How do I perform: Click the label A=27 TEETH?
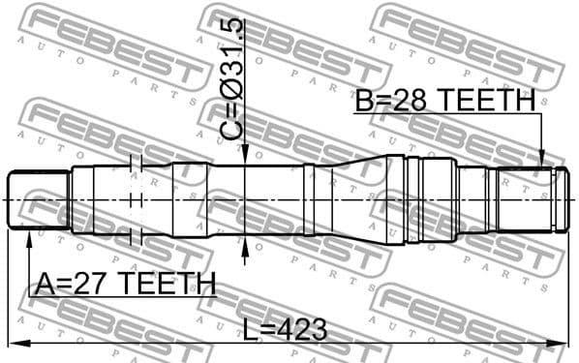point(125,283)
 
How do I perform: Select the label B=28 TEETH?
point(444,100)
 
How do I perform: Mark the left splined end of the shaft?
point(38,199)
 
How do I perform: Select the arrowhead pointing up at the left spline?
point(28,236)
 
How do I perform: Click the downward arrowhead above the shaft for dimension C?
point(246,155)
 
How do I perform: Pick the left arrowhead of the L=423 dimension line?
point(14,343)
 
